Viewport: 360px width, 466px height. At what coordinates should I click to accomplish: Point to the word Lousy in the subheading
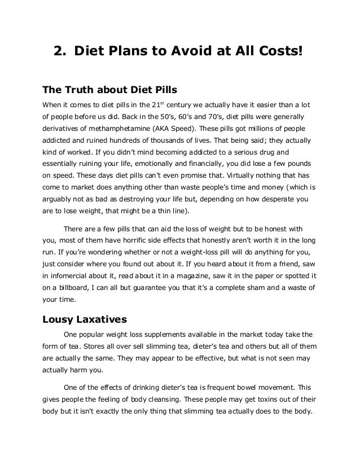59,318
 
